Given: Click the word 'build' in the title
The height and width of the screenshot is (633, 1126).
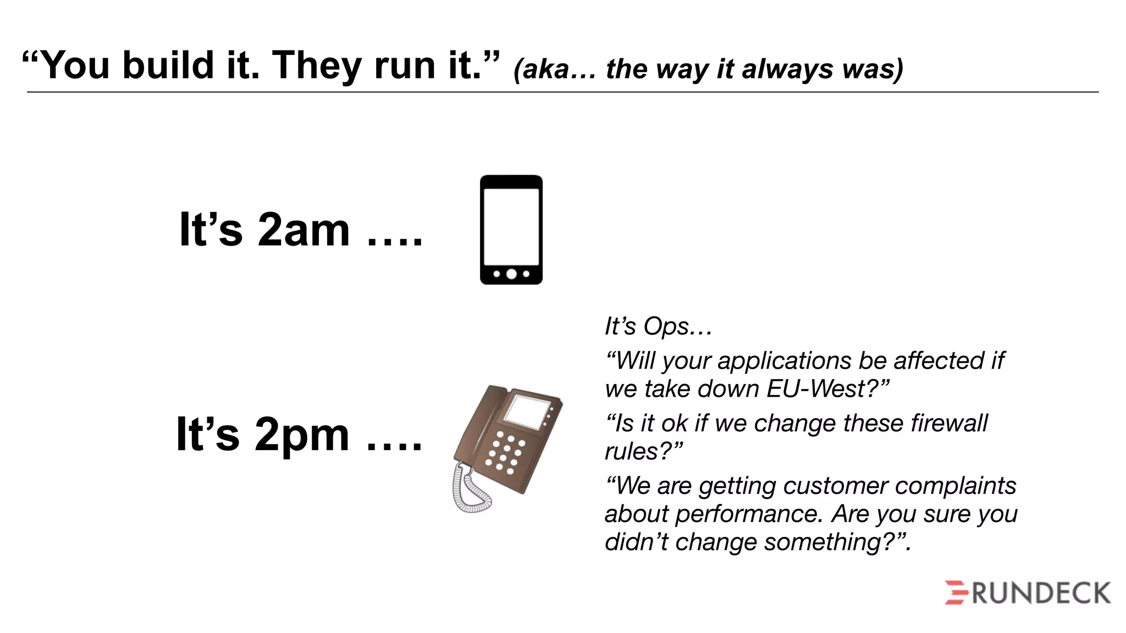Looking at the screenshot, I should [x=168, y=65].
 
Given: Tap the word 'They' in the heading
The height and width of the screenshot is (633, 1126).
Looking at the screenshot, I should [x=316, y=65].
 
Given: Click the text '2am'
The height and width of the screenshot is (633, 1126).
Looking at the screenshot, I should [x=303, y=230].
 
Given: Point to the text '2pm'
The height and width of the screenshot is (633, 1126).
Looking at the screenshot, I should [x=302, y=435].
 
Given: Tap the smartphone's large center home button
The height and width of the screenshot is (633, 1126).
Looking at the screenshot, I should [x=511, y=274].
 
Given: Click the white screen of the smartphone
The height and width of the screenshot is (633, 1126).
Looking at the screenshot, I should [x=511, y=226].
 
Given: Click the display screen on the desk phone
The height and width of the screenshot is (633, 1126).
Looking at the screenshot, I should [x=527, y=410].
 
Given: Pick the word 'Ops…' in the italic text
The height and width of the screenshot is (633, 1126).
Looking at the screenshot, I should [x=678, y=327].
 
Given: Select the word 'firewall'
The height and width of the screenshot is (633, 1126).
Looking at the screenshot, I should [x=949, y=424].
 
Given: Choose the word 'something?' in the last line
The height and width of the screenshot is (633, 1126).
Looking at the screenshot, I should [x=837, y=542].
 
